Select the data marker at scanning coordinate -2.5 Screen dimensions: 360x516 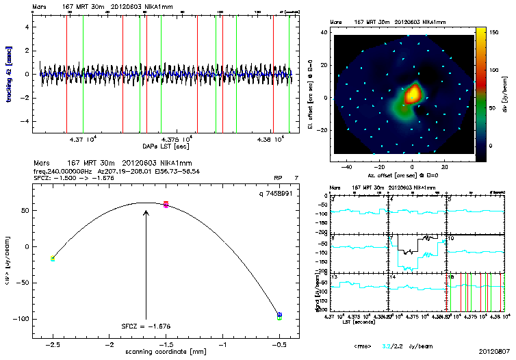53,258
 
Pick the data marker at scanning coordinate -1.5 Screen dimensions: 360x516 166,204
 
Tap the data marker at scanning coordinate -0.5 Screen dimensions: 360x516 279,316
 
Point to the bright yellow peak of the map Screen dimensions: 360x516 413,93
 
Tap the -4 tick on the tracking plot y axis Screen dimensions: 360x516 26,120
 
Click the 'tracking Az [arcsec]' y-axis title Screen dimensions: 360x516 10,74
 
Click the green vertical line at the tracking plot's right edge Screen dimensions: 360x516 289,75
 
